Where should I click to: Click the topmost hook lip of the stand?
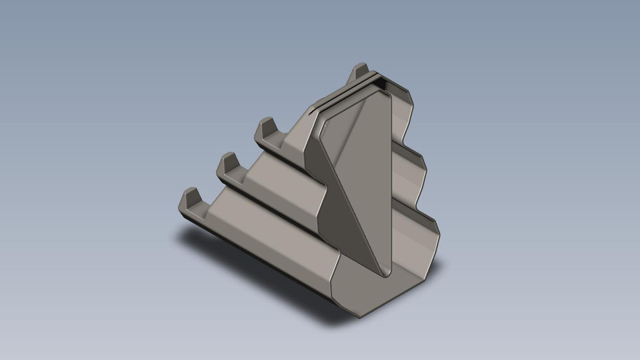[x=360, y=70]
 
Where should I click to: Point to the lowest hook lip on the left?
[x=190, y=199]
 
